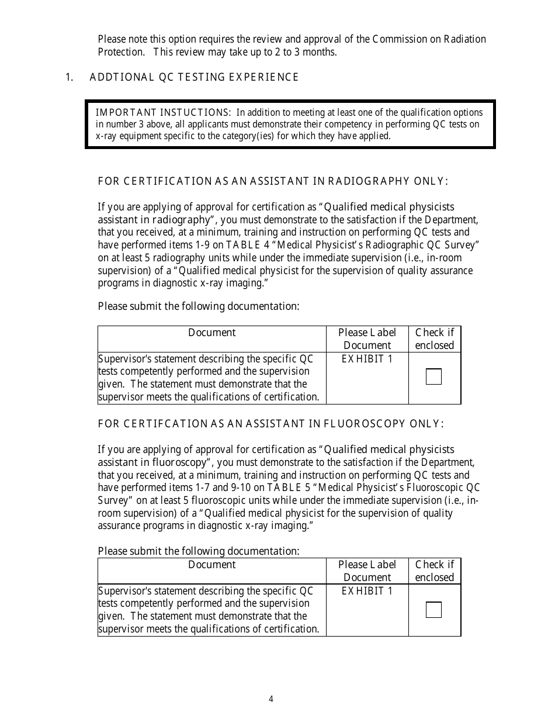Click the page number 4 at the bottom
pyautogui.click(x=271, y=699)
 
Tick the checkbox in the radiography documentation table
pyautogui.click(x=433, y=377)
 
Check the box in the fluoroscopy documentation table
pyautogui.click(x=433, y=610)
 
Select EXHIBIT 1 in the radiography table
pyautogui.click(x=367, y=359)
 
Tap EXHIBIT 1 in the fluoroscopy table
pyautogui.click(x=367, y=591)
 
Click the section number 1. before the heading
pyautogui.click(x=69, y=77)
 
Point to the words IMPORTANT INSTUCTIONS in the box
pyautogui.click(x=163, y=112)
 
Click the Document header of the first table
pyautogui.click(x=211, y=333)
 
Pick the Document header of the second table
pyautogui.click(x=211, y=565)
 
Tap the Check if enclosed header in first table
pyautogui.click(x=434, y=339)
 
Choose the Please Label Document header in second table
pyautogui.click(x=367, y=571)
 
